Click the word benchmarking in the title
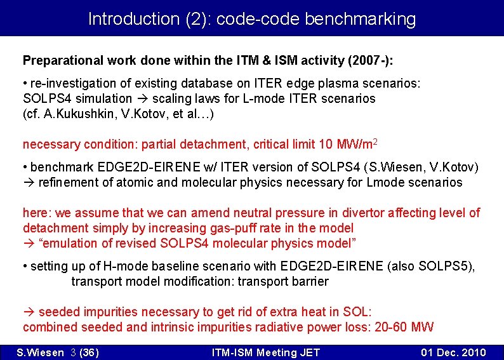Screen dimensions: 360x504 click(360, 19)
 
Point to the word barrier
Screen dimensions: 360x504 click(309, 281)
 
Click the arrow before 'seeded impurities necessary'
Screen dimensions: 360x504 click(29, 312)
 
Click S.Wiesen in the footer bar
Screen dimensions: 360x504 click(39, 352)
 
